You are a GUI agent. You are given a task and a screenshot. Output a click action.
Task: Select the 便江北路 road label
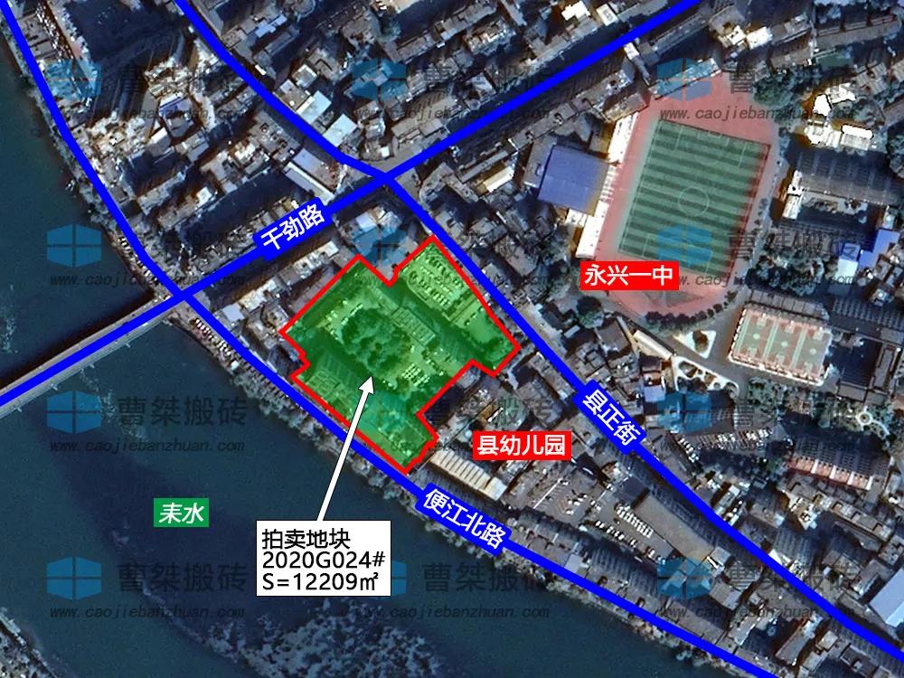(x=463, y=521)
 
